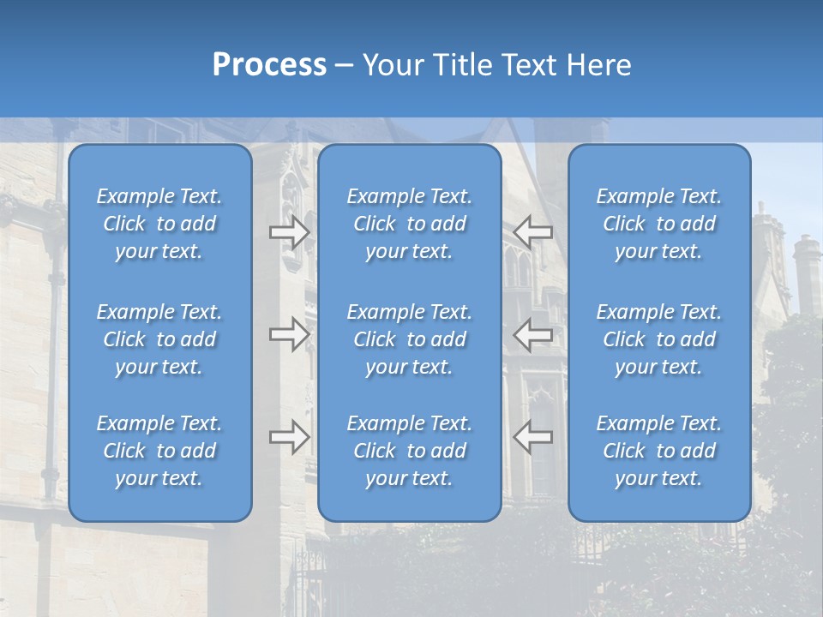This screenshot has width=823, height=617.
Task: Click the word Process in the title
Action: [x=269, y=65]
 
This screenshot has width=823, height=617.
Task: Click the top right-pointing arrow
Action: [x=290, y=231]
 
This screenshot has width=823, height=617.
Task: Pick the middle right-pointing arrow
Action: [x=290, y=334]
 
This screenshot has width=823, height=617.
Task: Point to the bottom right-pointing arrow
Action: [x=290, y=436]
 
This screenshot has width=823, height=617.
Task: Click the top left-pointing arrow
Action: [x=532, y=231]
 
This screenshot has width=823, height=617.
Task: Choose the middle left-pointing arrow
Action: [x=532, y=334]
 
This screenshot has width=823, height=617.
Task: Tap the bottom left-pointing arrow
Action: [x=532, y=436]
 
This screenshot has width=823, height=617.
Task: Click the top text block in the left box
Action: [x=159, y=224]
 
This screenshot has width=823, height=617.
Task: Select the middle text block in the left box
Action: [x=159, y=339]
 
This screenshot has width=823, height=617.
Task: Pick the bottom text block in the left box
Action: [x=159, y=451]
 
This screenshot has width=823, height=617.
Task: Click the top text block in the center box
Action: [x=410, y=224]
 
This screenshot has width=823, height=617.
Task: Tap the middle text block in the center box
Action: [x=410, y=339]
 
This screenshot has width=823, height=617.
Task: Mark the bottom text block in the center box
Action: [x=410, y=451]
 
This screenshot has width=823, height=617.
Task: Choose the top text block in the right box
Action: [x=659, y=224]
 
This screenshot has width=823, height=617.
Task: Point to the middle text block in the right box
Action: [x=659, y=339]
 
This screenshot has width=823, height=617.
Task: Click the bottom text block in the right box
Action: [x=659, y=451]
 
